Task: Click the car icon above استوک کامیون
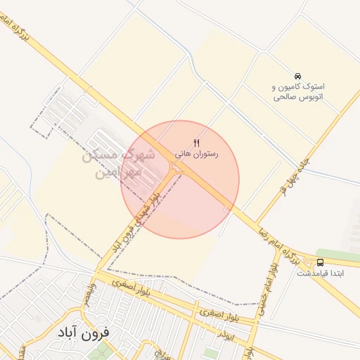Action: (x=298, y=76)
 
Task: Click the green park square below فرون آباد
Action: (x=101, y=349)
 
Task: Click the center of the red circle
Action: (x=180, y=179)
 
